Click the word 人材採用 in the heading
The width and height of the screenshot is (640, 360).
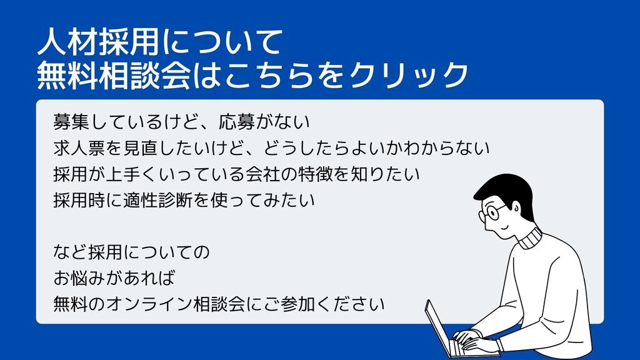coord(97,42)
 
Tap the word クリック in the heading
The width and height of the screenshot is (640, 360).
coord(408,75)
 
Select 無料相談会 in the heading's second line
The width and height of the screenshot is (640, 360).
coord(114,75)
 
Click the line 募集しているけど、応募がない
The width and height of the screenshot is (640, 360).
coord(182,122)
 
